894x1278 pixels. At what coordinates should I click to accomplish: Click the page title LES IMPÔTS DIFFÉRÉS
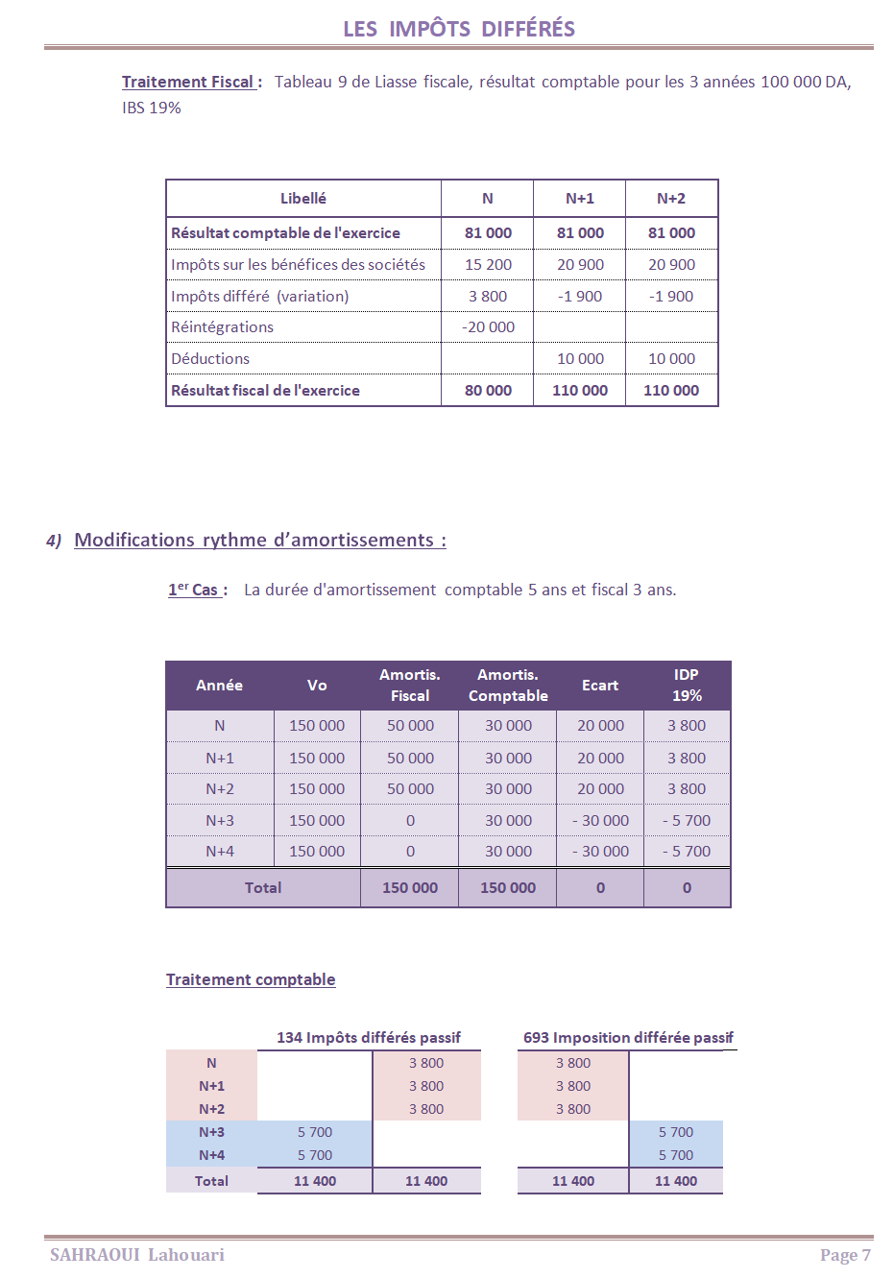(x=459, y=29)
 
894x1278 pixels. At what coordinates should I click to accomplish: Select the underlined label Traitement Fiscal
(x=188, y=83)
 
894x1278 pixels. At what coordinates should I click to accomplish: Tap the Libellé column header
(x=303, y=199)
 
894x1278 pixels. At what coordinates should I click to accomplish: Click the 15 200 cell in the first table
(x=488, y=265)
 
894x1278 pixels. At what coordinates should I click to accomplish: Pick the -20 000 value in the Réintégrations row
(x=488, y=327)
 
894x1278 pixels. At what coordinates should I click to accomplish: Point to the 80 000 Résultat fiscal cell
(x=488, y=391)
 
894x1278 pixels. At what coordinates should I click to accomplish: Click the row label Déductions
(x=210, y=359)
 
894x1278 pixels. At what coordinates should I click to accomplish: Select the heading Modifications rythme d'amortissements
(x=259, y=541)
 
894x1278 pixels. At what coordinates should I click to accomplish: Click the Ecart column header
(x=600, y=686)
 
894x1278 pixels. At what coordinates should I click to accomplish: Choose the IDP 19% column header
(x=687, y=686)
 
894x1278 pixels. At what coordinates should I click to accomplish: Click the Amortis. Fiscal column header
(x=410, y=686)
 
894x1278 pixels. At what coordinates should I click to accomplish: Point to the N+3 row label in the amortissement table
(x=220, y=821)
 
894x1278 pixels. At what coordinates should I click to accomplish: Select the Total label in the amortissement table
(x=263, y=888)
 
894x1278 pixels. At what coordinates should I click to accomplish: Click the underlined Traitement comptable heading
(x=251, y=979)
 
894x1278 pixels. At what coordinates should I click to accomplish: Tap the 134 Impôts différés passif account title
(x=369, y=1038)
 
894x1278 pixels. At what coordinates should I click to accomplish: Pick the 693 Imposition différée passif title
(x=628, y=1038)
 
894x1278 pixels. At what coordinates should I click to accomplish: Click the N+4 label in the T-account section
(x=211, y=1156)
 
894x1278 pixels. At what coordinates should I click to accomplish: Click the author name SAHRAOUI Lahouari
(x=137, y=1255)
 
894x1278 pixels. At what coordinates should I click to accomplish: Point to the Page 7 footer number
(x=845, y=1255)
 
